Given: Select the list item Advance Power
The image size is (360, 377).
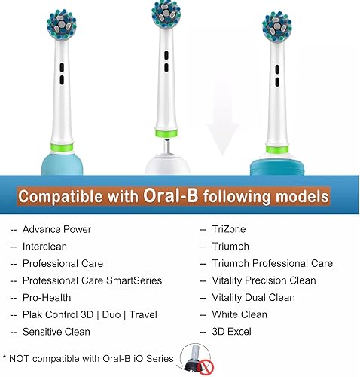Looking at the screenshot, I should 56,229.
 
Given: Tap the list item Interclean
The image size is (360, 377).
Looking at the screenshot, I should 47,247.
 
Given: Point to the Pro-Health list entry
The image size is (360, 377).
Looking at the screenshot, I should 47,298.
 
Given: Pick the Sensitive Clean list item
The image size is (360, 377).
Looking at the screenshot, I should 56,332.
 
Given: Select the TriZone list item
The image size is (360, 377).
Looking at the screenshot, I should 229,229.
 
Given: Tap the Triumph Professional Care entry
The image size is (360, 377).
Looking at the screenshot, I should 272,263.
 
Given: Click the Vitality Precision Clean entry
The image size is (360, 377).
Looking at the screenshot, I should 264,280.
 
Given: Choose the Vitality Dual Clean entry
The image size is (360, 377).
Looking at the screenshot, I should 254,298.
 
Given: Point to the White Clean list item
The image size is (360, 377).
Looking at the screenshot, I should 239,314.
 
